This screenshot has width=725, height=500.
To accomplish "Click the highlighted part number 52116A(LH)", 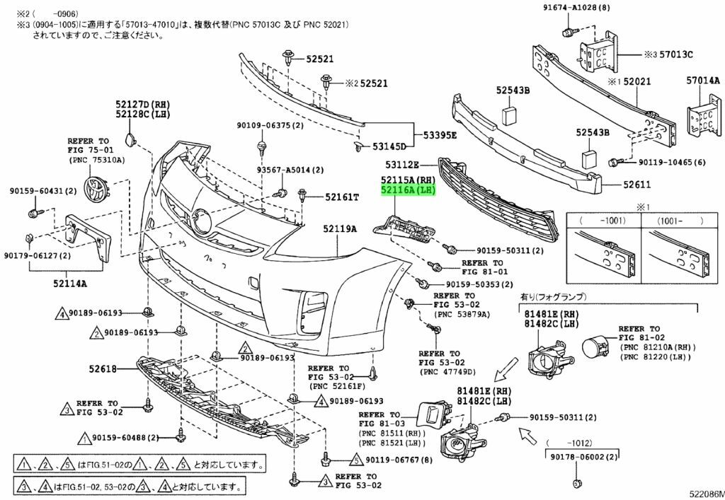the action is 407,190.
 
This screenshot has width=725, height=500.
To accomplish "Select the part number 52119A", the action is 340,229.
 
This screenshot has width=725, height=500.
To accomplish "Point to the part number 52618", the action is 103,368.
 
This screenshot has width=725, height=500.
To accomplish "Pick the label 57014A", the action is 702,81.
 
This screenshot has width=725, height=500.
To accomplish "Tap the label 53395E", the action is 440,134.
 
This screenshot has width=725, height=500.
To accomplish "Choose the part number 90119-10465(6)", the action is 672,163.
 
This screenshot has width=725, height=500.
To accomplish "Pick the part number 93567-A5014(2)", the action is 290,170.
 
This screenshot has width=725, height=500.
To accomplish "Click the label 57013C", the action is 675,54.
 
